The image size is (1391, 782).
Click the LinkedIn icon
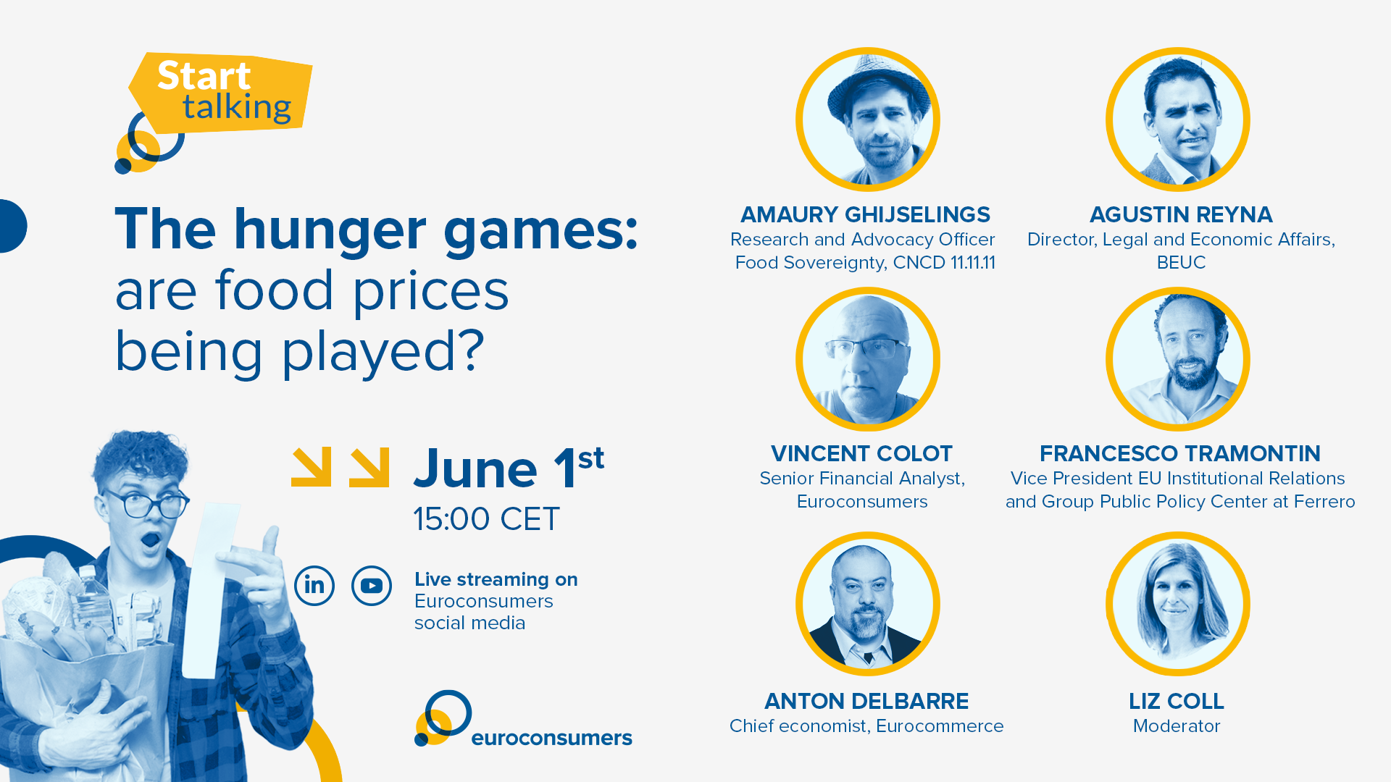pyautogui.click(x=314, y=585)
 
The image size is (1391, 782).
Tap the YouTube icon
pyautogui.click(x=372, y=585)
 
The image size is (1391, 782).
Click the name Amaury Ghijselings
pyautogui.click(x=865, y=214)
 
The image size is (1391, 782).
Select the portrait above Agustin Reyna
pyautogui.click(x=1178, y=119)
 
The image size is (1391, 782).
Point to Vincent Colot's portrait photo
pyautogui.click(x=868, y=359)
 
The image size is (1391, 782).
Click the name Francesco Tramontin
pyautogui.click(x=1180, y=453)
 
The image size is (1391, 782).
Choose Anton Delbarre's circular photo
pyautogui.click(x=868, y=604)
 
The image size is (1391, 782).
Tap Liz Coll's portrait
pyautogui.click(x=1178, y=604)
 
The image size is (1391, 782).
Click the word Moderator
pyautogui.click(x=1177, y=726)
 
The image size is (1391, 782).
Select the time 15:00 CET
pyautogui.click(x=487, y=518)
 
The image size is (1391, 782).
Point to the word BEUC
pyautogui.click(x=1181, y=262)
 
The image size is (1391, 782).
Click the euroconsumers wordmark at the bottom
pyautogui.click(x=551, y=738)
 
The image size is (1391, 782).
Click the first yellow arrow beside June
pyautogui.click(x=312, y=467)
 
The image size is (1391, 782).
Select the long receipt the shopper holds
pyautogui.click(x=211, y=590)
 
